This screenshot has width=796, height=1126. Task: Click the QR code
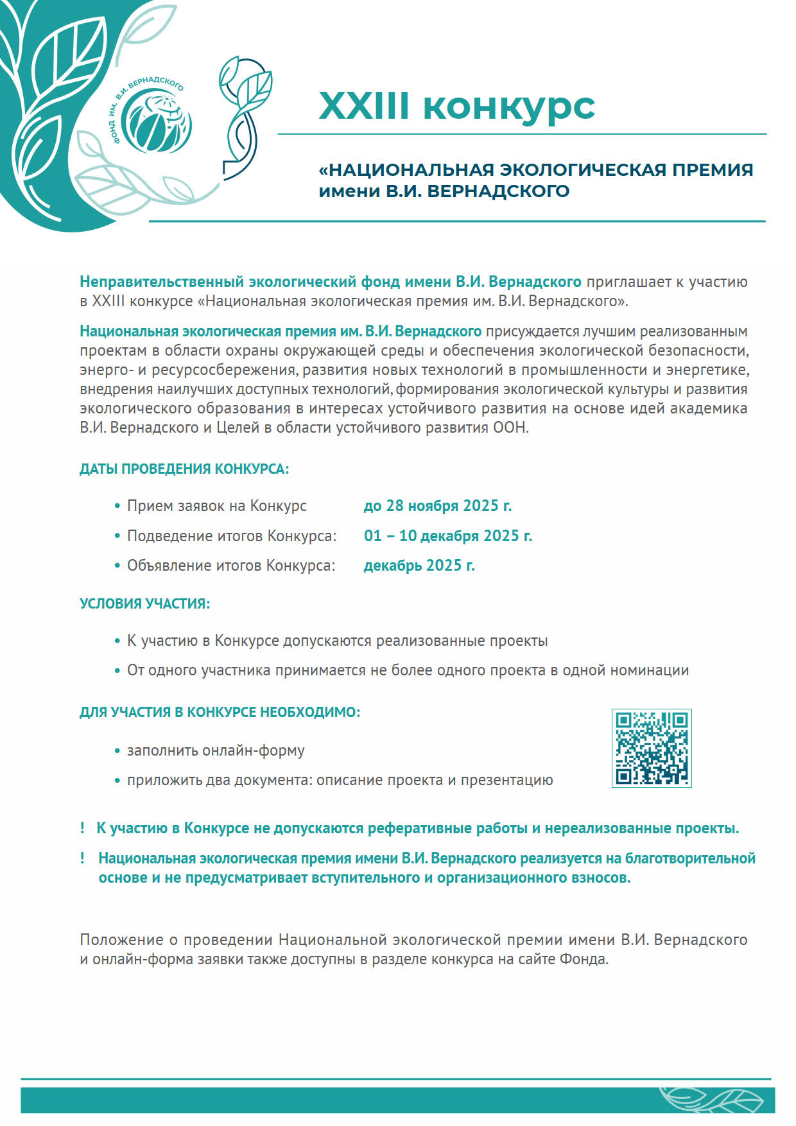tap(652, 748)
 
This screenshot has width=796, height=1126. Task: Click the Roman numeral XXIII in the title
tap(364, 106)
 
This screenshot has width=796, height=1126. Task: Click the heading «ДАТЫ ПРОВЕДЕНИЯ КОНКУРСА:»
tap(184, 469)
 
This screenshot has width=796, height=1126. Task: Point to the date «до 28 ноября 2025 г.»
tap(437, 506)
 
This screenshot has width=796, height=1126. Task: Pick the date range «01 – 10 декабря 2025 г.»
tap(447, 535)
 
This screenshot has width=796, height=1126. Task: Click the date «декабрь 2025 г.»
tap(419, 566)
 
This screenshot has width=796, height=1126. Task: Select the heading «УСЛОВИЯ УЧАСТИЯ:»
tap(145, 603)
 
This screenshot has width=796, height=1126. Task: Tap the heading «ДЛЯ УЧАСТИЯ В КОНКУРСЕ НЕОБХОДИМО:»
tap(220, 712)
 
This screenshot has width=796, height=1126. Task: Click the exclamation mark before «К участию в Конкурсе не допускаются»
tap(82, 828)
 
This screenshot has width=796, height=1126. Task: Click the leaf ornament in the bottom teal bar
tap(713, 1100)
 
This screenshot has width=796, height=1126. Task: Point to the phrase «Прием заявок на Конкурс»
tap(216, 506)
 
